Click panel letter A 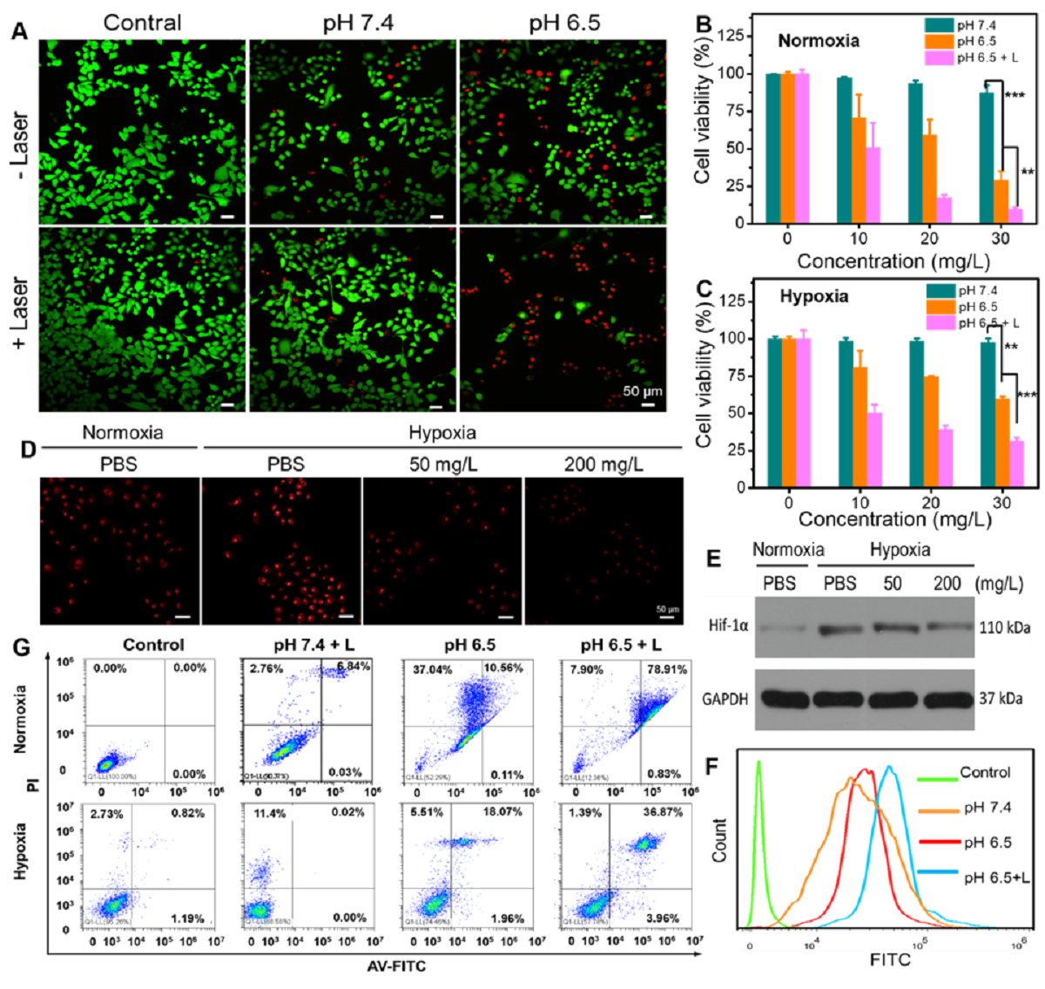(19, 31)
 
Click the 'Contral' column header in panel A (142, 23)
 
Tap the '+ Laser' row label (19, 314)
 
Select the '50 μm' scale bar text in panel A (643, 391)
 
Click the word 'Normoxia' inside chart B (818, 41)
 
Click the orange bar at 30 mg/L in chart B (1001, 201)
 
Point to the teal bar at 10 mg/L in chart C (845, 414)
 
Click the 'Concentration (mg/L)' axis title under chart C (894, 519)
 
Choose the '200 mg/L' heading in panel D (603, 464)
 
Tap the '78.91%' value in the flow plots (664, 668)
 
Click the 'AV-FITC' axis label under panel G (396, 965)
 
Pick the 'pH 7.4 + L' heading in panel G (307, 646)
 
